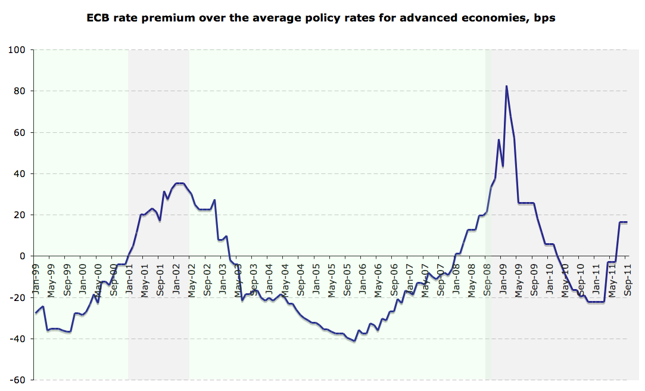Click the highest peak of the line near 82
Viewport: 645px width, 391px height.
pos(506,86)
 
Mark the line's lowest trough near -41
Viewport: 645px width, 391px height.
pos(354,341)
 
